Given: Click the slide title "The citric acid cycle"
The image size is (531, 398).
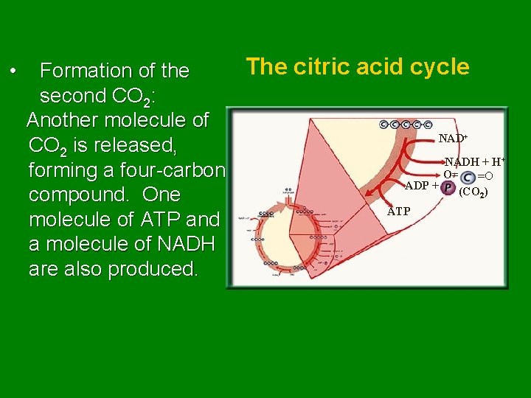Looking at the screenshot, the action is coord(358,67).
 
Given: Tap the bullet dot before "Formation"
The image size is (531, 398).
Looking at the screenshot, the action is coord(13,71).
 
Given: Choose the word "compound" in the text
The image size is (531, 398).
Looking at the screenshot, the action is coord(80,195).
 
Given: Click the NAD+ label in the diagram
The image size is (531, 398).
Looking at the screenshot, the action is coord(454,139).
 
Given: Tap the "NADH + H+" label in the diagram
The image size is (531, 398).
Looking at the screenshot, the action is coord(474,161).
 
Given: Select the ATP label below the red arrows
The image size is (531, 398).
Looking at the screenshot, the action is coord(399,212).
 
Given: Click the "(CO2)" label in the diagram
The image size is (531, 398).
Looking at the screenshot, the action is coord(472,192).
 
